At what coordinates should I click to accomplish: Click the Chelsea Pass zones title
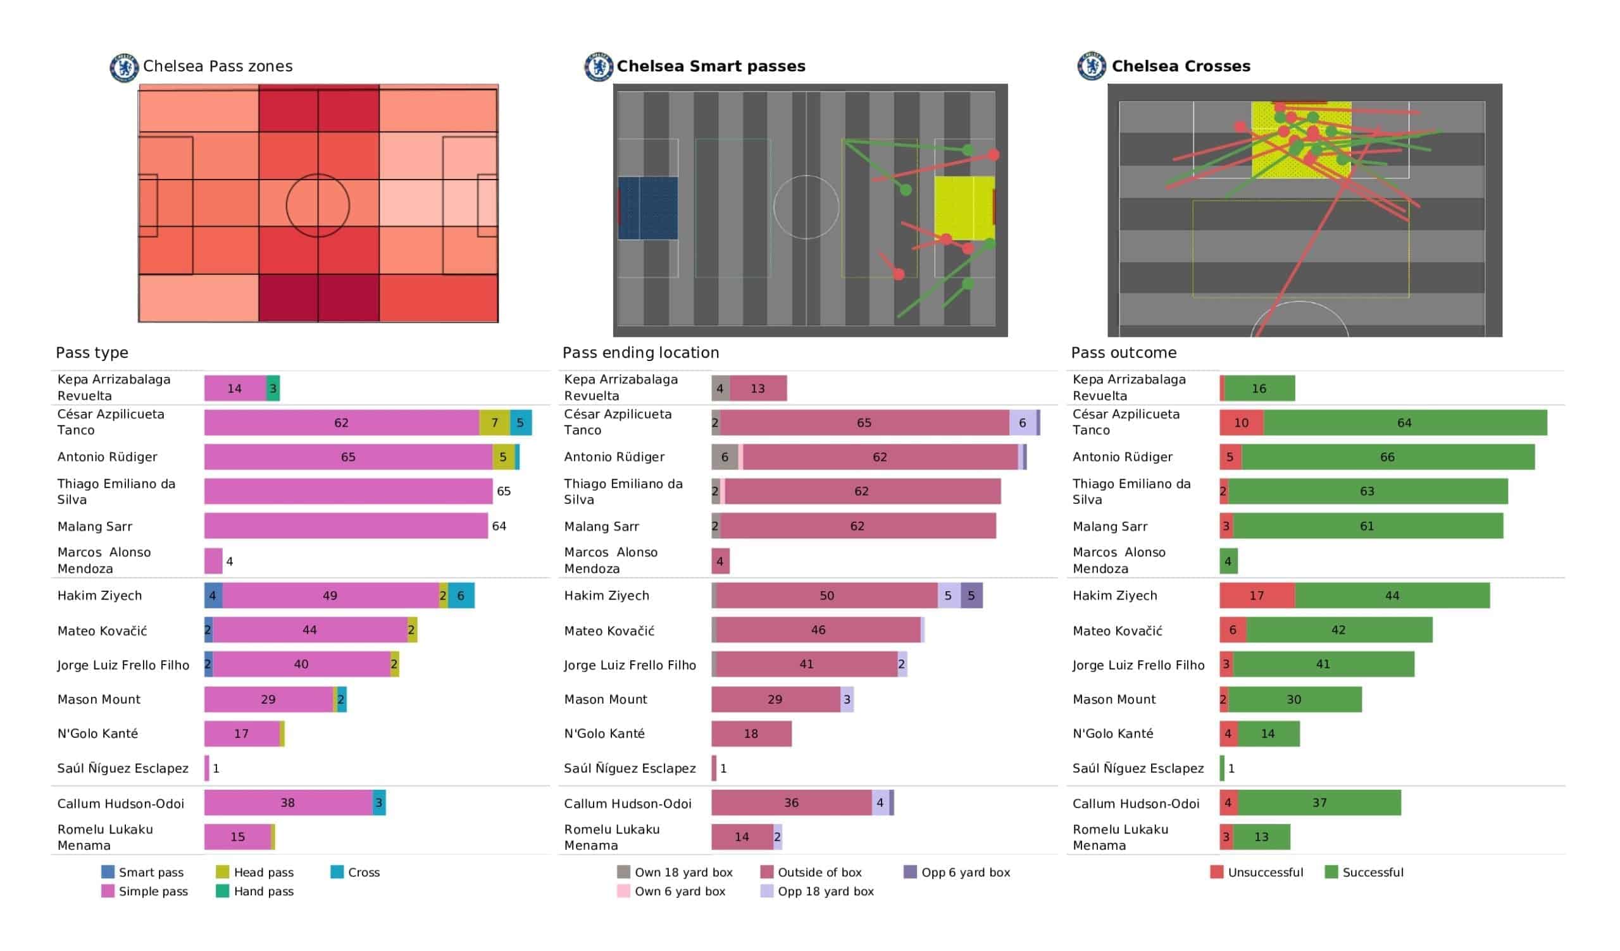(217, 66)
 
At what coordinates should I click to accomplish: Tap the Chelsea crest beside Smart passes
(598, 67)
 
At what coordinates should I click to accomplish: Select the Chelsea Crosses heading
(1180, 66)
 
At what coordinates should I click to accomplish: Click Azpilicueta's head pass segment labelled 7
(494, 423)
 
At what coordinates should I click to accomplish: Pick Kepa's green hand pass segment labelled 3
(273, 389)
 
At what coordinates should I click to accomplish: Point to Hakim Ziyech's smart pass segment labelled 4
(213, 596)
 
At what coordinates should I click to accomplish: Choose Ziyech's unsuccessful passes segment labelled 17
(1257, 596)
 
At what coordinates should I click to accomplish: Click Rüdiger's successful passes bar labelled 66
(1387, 457)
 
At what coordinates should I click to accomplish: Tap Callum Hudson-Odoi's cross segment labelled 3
(379, 802)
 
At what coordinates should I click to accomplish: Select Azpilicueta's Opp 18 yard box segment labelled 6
(1022, 423)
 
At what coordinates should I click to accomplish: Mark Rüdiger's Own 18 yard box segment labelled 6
(725, 457)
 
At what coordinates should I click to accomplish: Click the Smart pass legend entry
(143, 872)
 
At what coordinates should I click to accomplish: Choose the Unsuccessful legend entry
(1257, 872)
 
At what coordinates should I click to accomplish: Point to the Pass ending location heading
(640, 353)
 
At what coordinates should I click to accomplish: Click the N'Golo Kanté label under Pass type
(97, 734)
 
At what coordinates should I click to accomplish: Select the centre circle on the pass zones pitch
(318, 206)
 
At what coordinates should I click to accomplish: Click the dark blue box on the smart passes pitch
(648, 208)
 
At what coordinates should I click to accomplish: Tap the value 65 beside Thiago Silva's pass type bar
(503, 491)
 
